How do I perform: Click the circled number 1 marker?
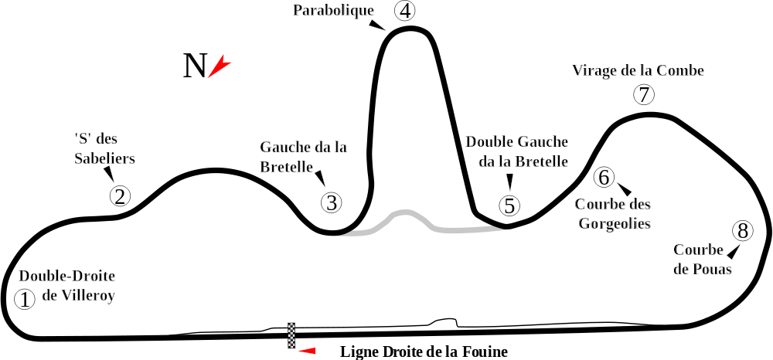tap(26, 299)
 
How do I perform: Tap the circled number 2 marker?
tap(119, 195)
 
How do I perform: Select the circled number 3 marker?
tap(331, 202)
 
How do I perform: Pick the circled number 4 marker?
tap(404, 11)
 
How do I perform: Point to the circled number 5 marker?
tap(509, 205)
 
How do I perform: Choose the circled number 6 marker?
tap(604, 177)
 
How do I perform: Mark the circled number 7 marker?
tap(643, 94)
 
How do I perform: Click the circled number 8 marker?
tap(742, 230)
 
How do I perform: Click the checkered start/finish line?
tap(292, 333)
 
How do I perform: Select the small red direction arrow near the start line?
tap(308, 352)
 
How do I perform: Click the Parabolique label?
tap(334, 11)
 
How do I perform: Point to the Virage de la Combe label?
tap(638, 70)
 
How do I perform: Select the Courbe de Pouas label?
tap(702, 260)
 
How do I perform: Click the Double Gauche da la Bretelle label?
tap(517, 151)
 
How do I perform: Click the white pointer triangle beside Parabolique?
tap(377, 25)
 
